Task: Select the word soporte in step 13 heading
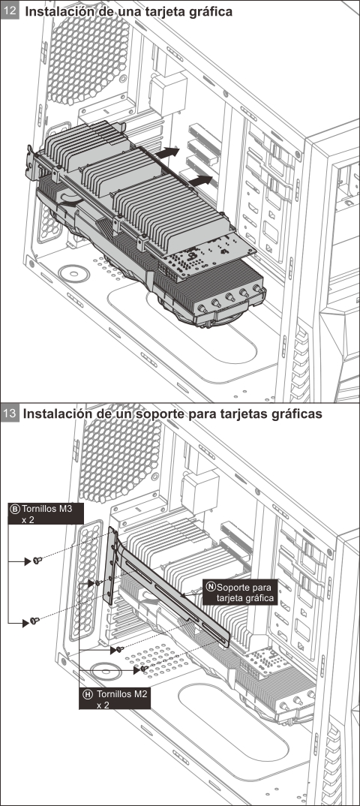(x=147, y=414)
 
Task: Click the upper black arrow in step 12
(x=169, y=153)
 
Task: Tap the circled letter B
(x=14, y=508)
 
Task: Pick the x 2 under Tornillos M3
(x=28, y=519)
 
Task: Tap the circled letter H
(x=88, y=695)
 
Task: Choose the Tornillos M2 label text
(x=121, y=695)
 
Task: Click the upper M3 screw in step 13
(x=37, y=561)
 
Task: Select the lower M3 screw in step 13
(x=34, y=621)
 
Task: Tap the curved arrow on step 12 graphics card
(x=70, y=198)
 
